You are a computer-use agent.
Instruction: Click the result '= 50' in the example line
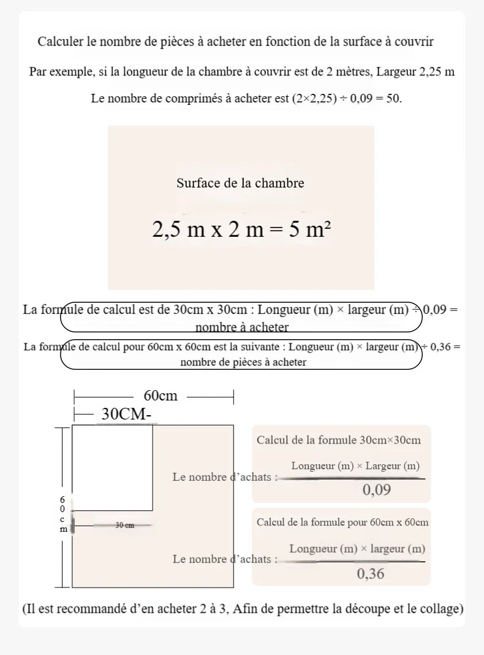click(389, 98)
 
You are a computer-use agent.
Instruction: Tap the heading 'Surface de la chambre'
click(240, 183)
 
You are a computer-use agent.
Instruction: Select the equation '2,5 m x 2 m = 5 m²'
click(241, 229)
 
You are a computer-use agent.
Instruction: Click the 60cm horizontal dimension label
click(160, 396)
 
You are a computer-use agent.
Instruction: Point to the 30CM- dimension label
click(126, 415)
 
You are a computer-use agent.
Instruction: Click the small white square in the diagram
click(112, 467)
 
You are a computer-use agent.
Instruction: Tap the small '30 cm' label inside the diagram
click(124, 525)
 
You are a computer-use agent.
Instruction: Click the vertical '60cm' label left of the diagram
click(62, 514)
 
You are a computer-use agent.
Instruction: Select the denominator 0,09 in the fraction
click(377, 489)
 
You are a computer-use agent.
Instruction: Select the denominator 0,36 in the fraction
click(371, 573)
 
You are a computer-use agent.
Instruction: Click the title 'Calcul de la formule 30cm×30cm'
click(339, 440)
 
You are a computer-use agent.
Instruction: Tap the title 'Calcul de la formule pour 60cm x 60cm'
click(342, 523)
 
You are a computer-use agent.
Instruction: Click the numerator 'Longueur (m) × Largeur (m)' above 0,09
click(355, 466)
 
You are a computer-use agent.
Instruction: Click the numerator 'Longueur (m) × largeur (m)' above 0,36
click(357, 549)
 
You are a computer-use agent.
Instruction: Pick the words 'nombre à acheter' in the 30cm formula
click(242, 327)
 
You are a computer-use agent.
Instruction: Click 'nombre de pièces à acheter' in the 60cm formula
click(243, 362)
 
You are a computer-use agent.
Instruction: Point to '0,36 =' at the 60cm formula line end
click(445, 347)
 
